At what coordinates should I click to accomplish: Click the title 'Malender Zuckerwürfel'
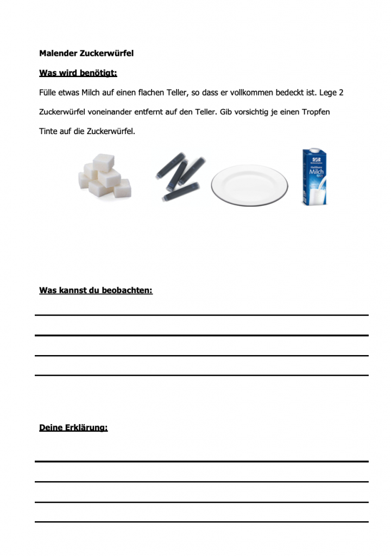(x=86, y=53)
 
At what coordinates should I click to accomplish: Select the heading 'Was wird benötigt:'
(x=78, y=73)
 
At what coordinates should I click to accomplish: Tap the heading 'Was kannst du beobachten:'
(x=96, y=290)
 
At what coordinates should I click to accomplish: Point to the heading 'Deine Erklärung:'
(x=73, y=428)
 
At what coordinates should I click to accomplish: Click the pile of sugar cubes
(x=105, y=176)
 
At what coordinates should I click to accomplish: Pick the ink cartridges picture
(x=180, y=176)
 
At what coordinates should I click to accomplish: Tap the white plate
(x=249, y=185)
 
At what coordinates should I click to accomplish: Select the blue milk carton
(x=314, y=177)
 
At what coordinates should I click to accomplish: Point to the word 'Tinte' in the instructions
(x=48, y=131)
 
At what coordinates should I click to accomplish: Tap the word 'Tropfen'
(x=316, y=112)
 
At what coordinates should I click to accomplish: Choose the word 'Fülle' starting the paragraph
(x=48, y=93)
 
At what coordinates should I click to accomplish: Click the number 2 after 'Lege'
(x=341, y=93)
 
